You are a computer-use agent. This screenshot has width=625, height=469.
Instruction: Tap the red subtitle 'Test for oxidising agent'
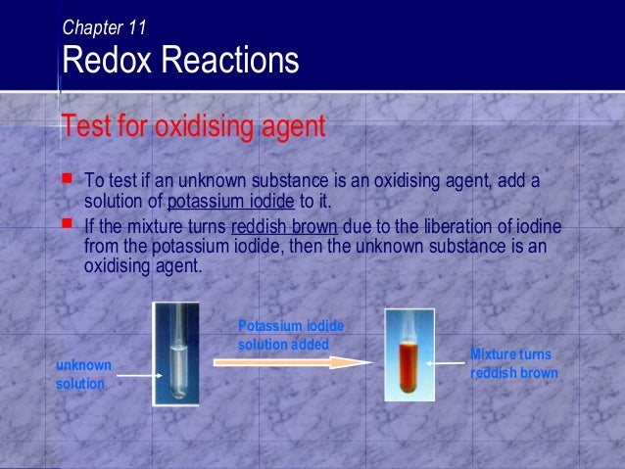point(192,126)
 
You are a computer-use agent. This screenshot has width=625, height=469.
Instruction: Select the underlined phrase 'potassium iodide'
point(229,203)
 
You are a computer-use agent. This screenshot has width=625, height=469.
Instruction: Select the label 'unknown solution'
point(83,374)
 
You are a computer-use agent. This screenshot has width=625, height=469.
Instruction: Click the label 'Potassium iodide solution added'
point(290,336)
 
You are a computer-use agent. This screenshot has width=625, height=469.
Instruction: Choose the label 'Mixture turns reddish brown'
point(513,363)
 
